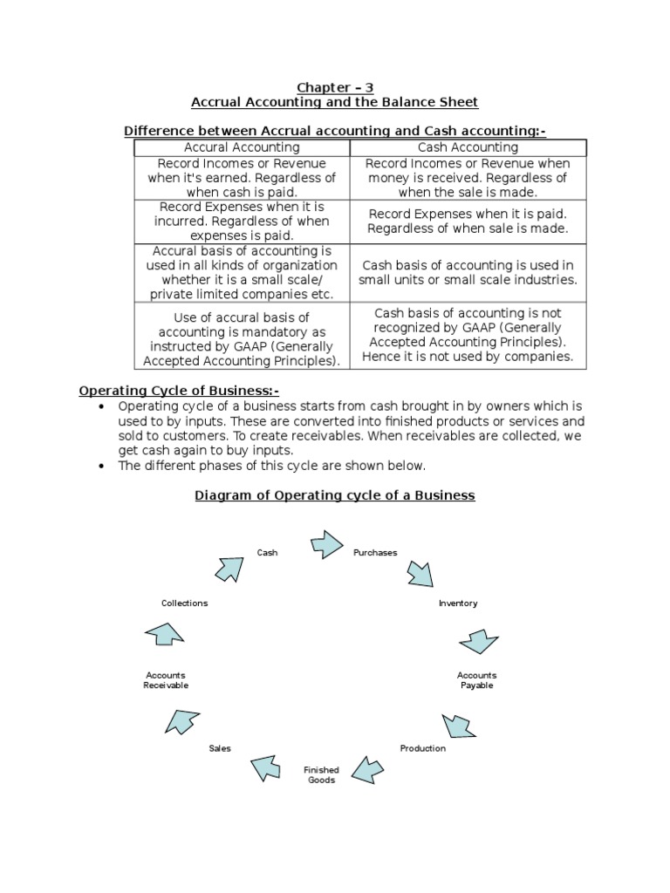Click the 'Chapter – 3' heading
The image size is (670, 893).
tap(334, 86)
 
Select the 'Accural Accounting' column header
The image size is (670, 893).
tap(242, 147)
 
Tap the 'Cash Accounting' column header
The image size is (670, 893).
tap(468, 147)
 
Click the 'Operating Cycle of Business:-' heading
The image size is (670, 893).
tap(180, 390)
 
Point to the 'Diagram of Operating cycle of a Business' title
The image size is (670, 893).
tap(334, 494)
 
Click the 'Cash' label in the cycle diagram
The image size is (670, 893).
tap(267, 552)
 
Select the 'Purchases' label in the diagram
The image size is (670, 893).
tap(375, 552)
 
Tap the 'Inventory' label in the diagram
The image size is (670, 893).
tap(458, 603)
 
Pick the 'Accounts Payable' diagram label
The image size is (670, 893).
tap(477, 680)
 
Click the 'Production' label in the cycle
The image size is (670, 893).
tap(422, 748)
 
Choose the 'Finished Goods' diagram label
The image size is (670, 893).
tap(322, 775)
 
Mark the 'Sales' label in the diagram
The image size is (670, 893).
tap(220, 748)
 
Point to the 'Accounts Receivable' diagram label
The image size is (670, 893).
tap(166, 680)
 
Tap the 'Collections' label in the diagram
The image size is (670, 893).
tap(185, 603)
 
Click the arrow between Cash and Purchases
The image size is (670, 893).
tap(327, 544)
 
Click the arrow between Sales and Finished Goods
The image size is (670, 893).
tap(268, 767)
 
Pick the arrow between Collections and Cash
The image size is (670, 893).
tap(230, 569)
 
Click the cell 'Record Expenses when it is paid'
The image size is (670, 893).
tap(468, 221)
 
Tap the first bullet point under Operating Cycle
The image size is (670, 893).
tap(349, 428)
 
